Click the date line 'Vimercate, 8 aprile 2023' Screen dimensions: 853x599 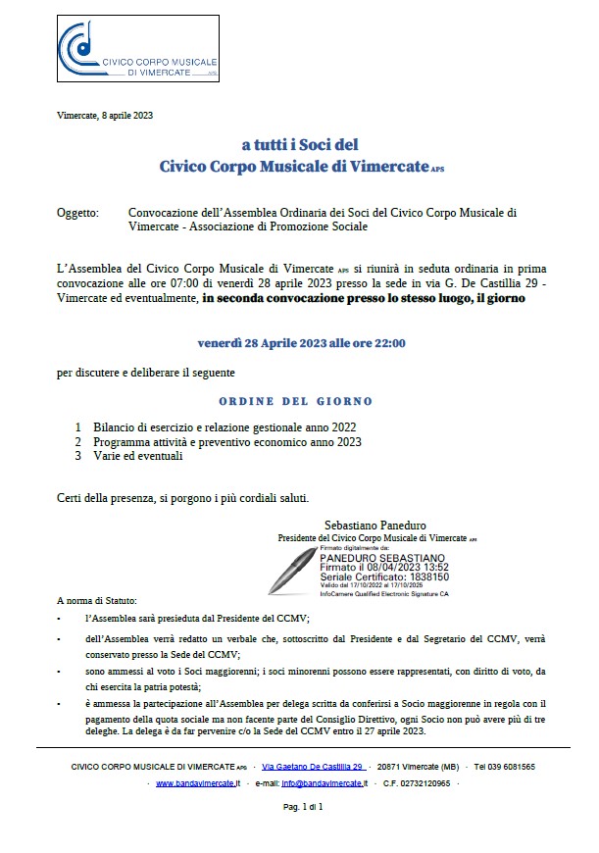click(x=105, y=116)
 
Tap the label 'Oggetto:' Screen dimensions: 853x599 click(x=77, y=212)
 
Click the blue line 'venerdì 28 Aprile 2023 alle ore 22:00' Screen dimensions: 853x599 click(x=301, y=343)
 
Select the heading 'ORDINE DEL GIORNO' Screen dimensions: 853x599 click(x=295, y=402)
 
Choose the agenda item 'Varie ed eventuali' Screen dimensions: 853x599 click(x=138, y=456)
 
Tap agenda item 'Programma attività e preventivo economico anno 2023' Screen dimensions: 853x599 click(x=227, y=442)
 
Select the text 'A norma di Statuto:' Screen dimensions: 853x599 click(x=98, y=600)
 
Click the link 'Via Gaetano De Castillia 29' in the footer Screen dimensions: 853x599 click(x=314, y=766)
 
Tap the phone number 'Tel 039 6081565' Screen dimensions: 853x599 click(x=504, y=766)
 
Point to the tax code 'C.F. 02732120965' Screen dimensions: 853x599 click(x=417, y=784)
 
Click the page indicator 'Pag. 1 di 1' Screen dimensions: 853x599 click(x=303, y=807)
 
